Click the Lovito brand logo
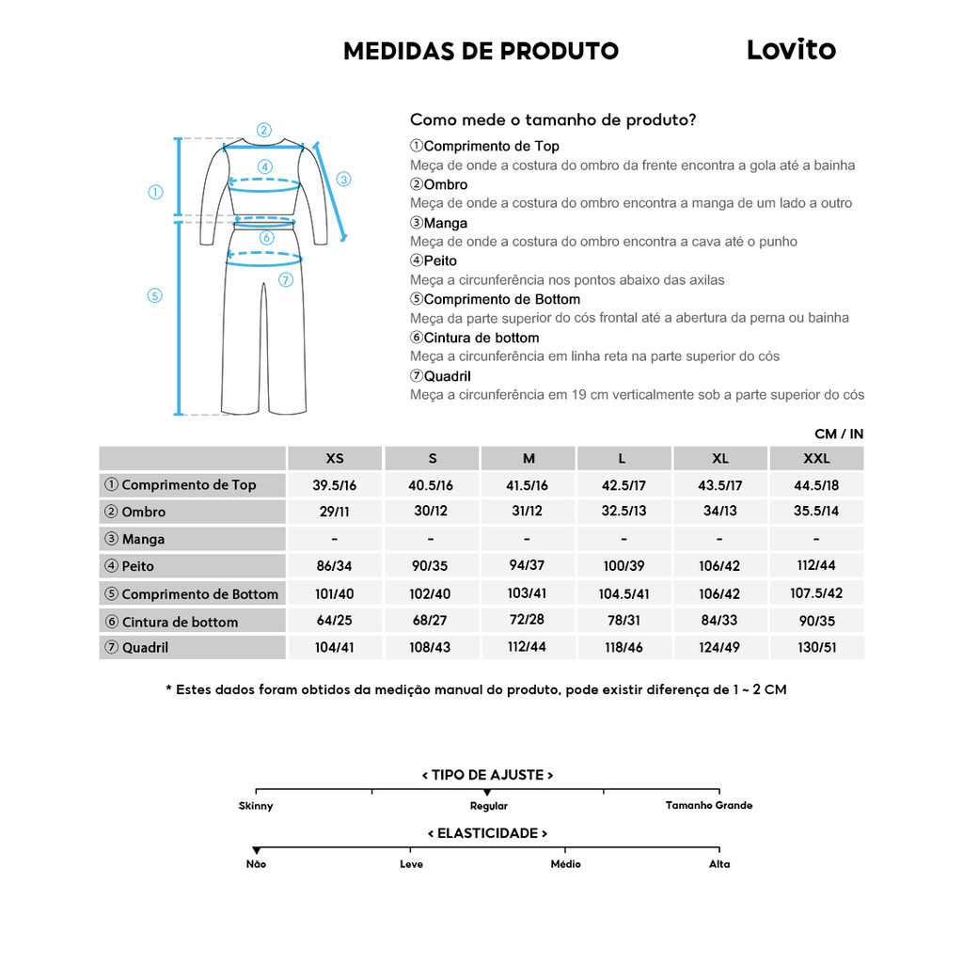tap(791, 49)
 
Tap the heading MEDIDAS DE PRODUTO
tap(481, 51)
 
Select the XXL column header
tap(816, 459)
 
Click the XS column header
tap(335, 459)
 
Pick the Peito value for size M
tap(529, 566)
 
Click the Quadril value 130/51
tap(816, 648)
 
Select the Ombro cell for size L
tap(624, 512)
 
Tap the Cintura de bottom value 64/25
tap(335, 621)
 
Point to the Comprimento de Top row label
tap(188, 485)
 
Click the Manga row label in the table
tap(143, 539)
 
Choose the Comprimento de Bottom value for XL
tap(720, 593)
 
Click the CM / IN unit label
tap(839, 434)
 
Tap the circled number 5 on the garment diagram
tap(155, 295)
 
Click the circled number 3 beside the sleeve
tap(343, 179)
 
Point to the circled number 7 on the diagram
tap(286, 279)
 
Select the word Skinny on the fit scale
tap(256, 806)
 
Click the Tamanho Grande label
tap(709, 806)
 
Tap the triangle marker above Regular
tap(487, 794)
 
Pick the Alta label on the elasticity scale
tap(719, 864)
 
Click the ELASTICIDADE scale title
tap(487, 833)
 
